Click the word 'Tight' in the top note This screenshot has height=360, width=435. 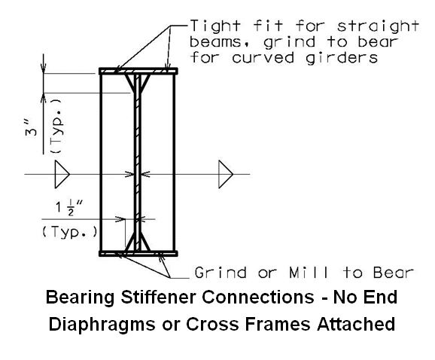(x=215, y=26)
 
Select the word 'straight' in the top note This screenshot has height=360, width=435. (x=378, y=26)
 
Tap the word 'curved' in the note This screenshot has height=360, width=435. (x=263, y=58)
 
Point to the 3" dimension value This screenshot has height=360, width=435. (x=31, y=129)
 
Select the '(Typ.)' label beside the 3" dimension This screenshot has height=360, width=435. (x=56, y=127)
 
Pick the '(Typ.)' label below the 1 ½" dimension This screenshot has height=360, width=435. (x=70, y=232)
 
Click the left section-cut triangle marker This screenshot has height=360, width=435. (x=62, y=174)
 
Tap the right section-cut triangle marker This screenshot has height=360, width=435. (x=226, y=174)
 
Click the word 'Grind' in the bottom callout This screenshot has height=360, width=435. (x=221, y=273)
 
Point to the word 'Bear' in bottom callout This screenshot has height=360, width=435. (x=393, y=273)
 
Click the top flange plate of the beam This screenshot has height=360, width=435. (x=138, y=71)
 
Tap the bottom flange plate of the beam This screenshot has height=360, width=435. (x=138, y=253)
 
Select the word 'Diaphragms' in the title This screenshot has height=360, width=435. (x=102, y=324)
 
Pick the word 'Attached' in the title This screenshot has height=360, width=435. (x=356, y=324)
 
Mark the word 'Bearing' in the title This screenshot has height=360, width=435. (x=80, y=297)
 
